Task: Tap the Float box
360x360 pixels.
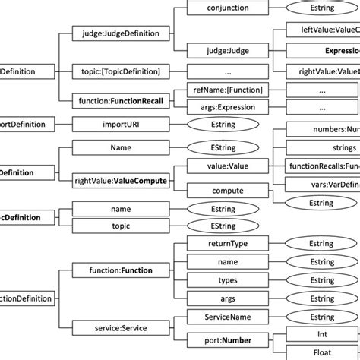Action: (x=323, y=352)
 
